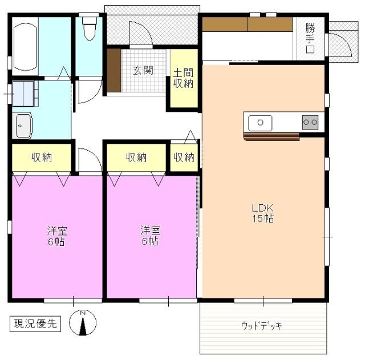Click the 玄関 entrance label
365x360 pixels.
[x=143, y=70]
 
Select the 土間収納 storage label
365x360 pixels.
[x=183, y=78]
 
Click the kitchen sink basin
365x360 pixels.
[x=260, y=123]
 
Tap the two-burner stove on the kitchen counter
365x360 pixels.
[x=310, y=122]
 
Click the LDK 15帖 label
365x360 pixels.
[x=263, y=213]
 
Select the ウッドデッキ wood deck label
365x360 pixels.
[x=262, y=325]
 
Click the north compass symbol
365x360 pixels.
[x=83, y=322]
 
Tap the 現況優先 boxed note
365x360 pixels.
[x=35, y=323]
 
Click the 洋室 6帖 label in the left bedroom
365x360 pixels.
[x=56, y=236]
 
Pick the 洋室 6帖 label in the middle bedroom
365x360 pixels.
[x=150, y=236]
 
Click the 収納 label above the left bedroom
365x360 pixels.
[x=42, y=157]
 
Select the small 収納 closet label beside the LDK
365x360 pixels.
[x=184, y=157]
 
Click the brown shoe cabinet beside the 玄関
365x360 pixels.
[x=114, y=70]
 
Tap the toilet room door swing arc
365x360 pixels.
[x=95, y=95]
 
